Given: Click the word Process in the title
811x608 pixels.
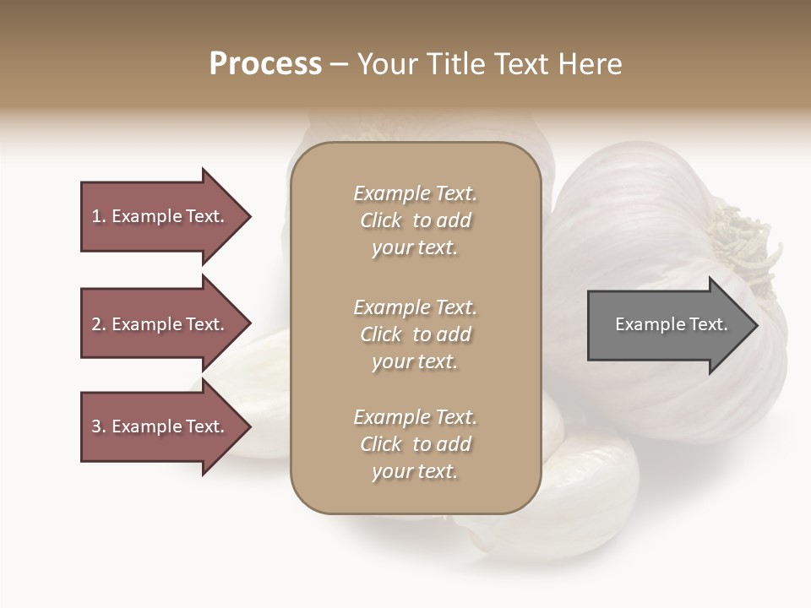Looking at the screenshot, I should (x=265, y=64).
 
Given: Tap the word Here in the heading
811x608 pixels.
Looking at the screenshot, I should (x=589, y=64).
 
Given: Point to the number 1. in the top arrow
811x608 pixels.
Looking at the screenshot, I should (x=99, y=216).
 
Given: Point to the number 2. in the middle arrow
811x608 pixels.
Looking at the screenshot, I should (x=99, y=324).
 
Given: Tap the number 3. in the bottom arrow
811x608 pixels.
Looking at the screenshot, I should (x=99, y=426).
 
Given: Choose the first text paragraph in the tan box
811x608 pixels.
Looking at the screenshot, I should (x=415, y=220).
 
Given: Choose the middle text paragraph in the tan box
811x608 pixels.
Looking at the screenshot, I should (x=415, y=334).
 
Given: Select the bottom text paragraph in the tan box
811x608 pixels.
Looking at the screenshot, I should (x=415, y=444).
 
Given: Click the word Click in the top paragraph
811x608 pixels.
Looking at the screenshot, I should (x=381, y=220).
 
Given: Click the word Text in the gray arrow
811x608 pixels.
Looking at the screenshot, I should (x=708, y=324).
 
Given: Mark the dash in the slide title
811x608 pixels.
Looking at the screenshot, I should (x=340, y=65).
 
